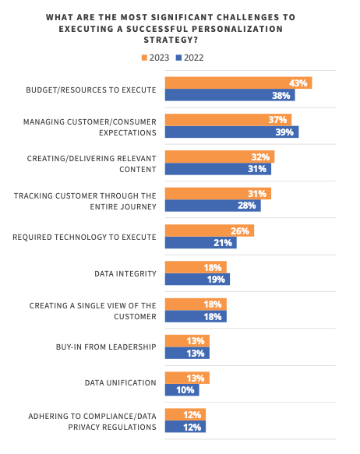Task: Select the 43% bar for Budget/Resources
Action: (x=238, y=83)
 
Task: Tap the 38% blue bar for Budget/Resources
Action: (x=229, y=96)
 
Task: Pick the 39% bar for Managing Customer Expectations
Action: (x=231, y=132)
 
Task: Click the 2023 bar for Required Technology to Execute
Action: (x=209, y=231)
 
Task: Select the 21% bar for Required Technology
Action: (x=200, y=243)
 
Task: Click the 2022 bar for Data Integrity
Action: (x=196, y=280)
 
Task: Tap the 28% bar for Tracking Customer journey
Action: (x=212, y=206)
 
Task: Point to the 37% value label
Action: (x=278, y=120)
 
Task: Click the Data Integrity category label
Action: (x=125, y=273)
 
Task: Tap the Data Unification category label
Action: (x=121, y=383)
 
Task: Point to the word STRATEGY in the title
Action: (x=179, y=40)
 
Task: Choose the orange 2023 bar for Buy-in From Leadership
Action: (x=186, y=341)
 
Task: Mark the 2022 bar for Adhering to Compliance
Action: (x=185, y=427)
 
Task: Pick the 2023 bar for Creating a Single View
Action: (x=195, y=304)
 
